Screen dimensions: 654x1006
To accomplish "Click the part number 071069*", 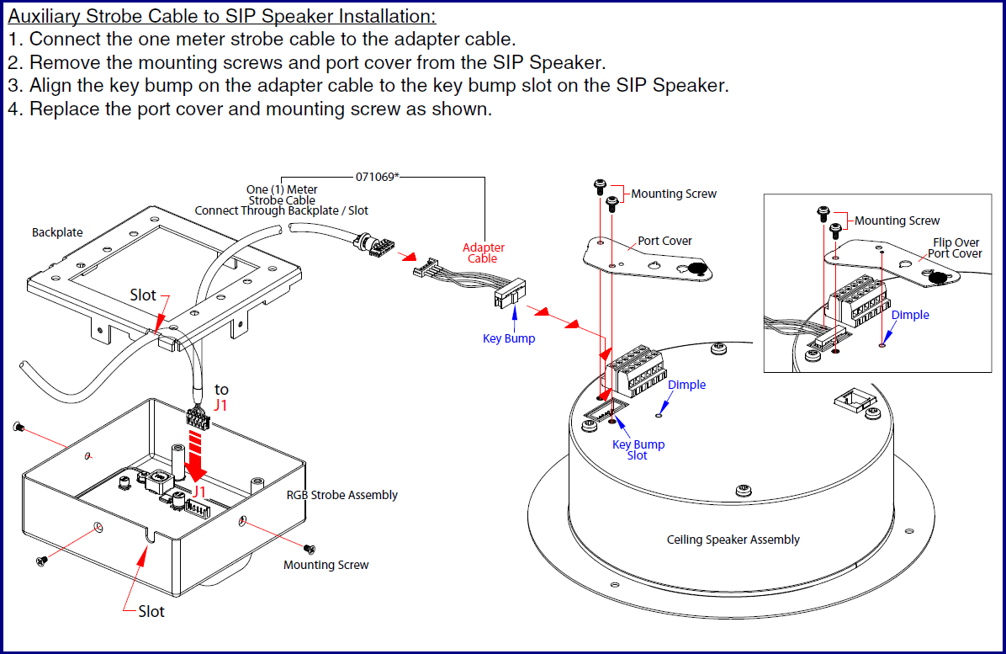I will tap(377, 177).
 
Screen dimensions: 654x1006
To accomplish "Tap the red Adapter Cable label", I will tap(484, 253).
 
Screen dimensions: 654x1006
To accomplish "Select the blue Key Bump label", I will tap(509, 338).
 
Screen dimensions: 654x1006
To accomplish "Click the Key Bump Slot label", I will tap(638, 449).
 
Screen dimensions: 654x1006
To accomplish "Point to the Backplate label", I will tap(57, 232).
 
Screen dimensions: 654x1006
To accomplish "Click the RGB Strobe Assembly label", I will tap(342, 495).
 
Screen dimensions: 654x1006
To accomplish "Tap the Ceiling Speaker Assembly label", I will tap(733, 540).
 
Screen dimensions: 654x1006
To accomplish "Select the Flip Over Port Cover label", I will tap(955, 248).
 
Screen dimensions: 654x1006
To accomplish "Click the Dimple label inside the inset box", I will tap(910, 315).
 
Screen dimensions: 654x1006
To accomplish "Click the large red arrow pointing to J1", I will tap(195, 453).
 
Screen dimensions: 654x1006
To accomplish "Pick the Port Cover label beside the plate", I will tap(664, 241).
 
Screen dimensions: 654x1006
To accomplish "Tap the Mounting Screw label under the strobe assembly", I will tap(326, 565).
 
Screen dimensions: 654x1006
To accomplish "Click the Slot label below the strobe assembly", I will tap(151, 611).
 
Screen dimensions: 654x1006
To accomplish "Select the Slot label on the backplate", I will tap(143, 295).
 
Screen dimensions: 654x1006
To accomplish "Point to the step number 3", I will tap(14, 85).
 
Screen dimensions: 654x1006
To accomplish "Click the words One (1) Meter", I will tap(282, 190).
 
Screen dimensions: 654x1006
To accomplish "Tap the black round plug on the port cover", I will tap(695, 269).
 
